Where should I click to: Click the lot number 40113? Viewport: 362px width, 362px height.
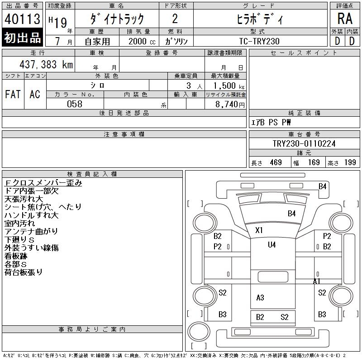point(23,19)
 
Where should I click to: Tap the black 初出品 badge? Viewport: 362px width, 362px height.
point(23,38)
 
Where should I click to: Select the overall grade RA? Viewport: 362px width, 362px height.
point(345,19)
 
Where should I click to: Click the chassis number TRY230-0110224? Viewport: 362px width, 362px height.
point(304,144)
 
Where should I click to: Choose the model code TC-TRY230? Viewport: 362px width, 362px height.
point(259,41)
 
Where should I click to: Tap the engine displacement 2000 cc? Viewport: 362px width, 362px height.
point(139,41)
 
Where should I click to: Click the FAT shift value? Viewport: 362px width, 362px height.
point(13,94)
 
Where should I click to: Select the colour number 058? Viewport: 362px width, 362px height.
point(75,104)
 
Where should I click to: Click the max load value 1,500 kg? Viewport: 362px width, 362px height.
point(225,86)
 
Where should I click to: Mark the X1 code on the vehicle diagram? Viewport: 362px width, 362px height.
point(259,230)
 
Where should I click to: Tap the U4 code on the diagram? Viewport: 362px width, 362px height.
point(271,245)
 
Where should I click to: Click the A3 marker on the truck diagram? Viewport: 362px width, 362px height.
point(260,298)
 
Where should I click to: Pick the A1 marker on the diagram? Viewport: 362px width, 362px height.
point(317,281)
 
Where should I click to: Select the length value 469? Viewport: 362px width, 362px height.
point(273,162)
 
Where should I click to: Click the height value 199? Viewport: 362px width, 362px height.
point(350,162)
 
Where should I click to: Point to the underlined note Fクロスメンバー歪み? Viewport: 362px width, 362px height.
point(43,183)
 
